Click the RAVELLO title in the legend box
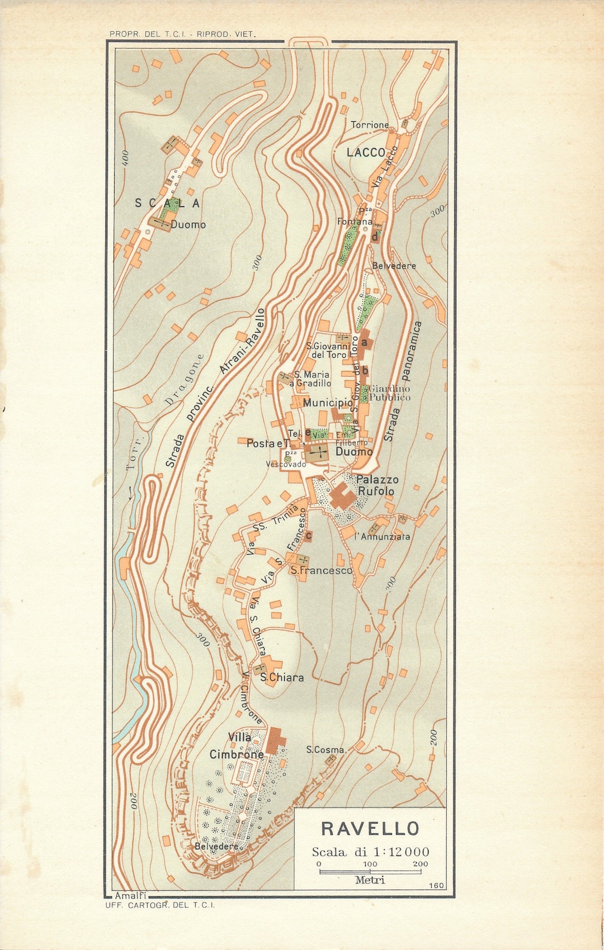click(370, 828)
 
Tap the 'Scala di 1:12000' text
click(370, 852)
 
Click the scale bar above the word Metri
click(370, 871)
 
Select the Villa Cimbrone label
click(237, 746)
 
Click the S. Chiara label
click(282, 678)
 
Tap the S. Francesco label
click(321, 570)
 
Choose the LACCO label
click(366, 152)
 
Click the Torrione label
click(370, 125)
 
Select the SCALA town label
click(167, 204)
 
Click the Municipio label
click(328, 403)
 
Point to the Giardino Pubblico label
click(389, 393)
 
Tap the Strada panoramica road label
click(403, 382)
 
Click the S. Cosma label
click(325, 750)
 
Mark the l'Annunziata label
click(383, 536)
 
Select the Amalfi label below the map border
click(130, 896)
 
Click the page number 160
click(436, 885)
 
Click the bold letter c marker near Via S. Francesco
click(308, 536)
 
